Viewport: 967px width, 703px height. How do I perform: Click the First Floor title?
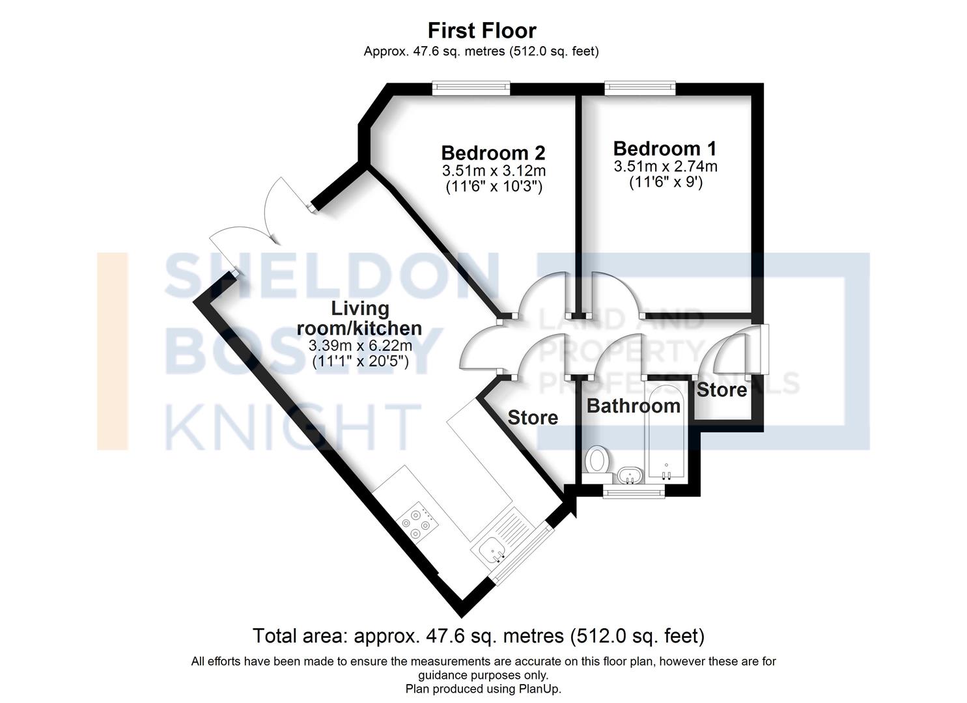click(481, 31)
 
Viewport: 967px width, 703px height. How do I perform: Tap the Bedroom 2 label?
click(493, 153)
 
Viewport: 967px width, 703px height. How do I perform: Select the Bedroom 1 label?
click(665, 148)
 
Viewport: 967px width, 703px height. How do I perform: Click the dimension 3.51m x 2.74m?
click(665, 167)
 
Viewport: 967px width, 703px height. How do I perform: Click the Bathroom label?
click(633, 406)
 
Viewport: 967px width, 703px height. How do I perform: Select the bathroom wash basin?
click(629, 476)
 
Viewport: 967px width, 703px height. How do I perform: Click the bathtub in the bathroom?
click(665, 433)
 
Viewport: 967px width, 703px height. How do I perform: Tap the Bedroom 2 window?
click(471, 88)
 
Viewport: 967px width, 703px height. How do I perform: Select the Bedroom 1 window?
click(639, 88)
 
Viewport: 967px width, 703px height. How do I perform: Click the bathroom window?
click(633, 493)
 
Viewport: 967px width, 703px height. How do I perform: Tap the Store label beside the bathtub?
click(722, 390)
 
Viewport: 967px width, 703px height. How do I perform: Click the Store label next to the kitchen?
click(532, 417)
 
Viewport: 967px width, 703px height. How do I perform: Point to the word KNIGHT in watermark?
click(292, 426)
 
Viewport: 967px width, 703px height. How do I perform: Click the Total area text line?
click(478, 635)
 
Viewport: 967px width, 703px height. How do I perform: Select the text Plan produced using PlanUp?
click(483, 688)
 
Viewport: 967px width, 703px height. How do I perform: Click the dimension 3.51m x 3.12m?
click(493, 171)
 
